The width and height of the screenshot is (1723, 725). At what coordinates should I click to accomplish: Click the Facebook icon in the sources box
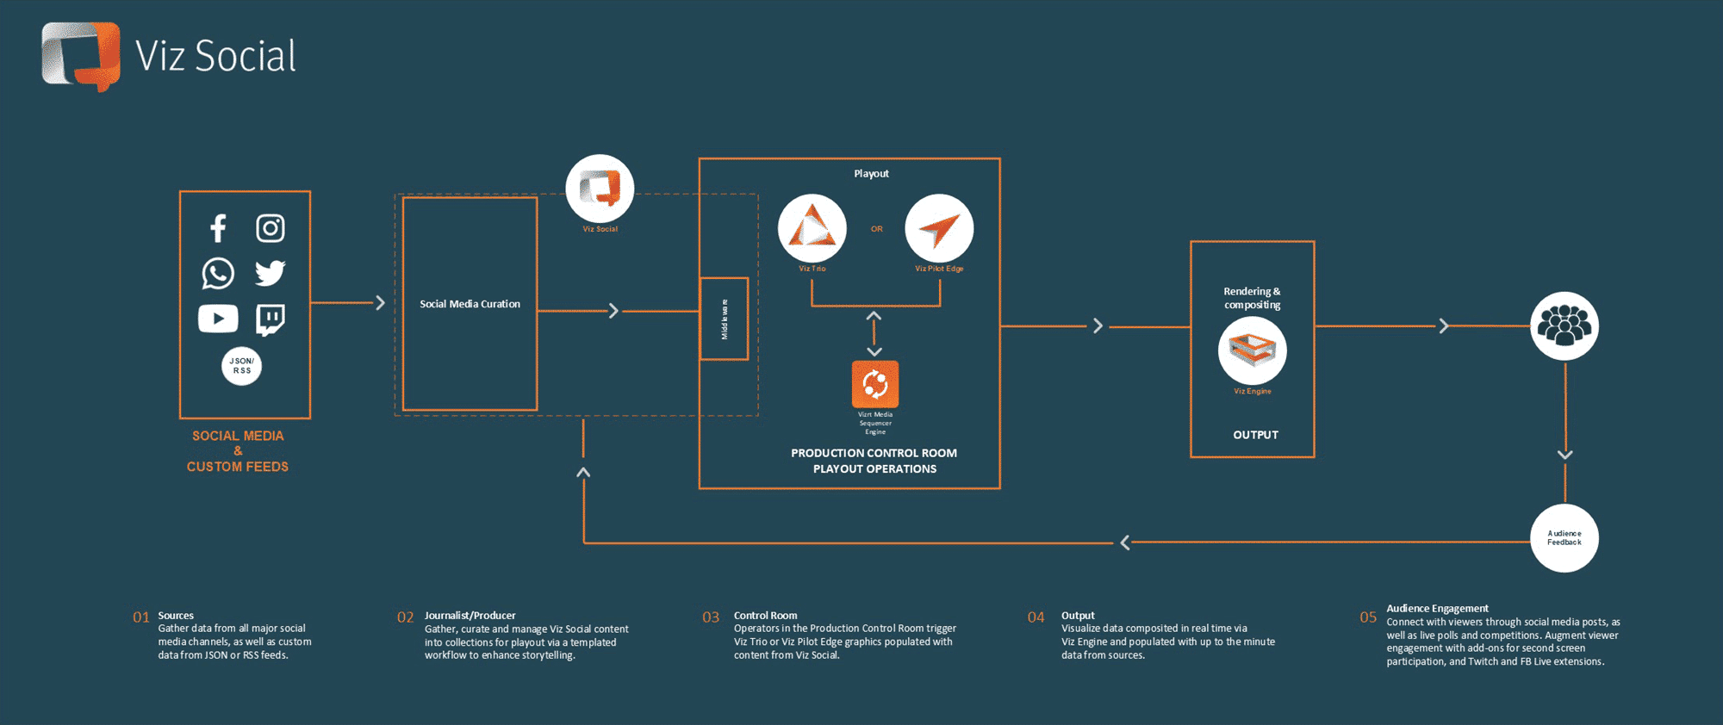pyautogui.click(x=218, y=228)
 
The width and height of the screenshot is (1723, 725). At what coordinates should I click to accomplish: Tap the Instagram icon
pyautogui.click(x=271, y=228)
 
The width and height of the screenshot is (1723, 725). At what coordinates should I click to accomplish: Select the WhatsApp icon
pyautogui.click(x=218, y=274)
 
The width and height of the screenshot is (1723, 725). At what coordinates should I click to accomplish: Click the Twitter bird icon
pyautogui.click(x=271, y=273)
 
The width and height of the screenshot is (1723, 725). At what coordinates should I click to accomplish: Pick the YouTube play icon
pyautogui.click(x=218, y=319)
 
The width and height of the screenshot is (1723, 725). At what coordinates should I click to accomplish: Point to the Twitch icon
pyautogui.click(x=271, y=319)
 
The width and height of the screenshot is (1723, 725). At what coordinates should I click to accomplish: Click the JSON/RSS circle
pyautogui.click(x=242, y=366)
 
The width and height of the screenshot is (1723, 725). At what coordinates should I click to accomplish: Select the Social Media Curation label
pyautogui.click(x=470, y=304)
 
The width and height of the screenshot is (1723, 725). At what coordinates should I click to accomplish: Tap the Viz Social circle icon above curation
pyautogui.click(x=600, y=189)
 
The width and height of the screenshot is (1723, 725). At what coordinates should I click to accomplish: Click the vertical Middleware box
pyautogui.click(x=724, y=319)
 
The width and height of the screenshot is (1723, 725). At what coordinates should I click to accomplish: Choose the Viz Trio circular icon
pyautogui.click(x=812, y=228)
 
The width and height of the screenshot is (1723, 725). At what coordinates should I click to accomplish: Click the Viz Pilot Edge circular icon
pyautogui.click(x=939, y=228)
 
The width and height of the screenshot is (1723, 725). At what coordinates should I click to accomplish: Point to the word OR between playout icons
pyautogui.click(x=876, y=229)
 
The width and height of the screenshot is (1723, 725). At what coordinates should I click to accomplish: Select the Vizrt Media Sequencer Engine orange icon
pyautogui.click(x=875, y=384)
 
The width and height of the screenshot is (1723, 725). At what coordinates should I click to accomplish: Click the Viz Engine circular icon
pyautogui.click(x=1252, y=350)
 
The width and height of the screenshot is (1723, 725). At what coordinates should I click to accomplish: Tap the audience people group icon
pyautogui.click(x=1564, y=326)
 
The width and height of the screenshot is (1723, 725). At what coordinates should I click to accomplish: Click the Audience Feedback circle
pyautogui.click(x=1564, y=538)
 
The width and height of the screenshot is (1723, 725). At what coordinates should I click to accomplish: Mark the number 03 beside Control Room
pyautogui.click(x=711, y=617)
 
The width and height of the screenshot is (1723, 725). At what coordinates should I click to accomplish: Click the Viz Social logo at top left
pyautogui.click(x=81, y=56)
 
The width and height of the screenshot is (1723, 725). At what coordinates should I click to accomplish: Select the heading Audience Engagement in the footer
pyautogui.click(x=1437, y=609)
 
